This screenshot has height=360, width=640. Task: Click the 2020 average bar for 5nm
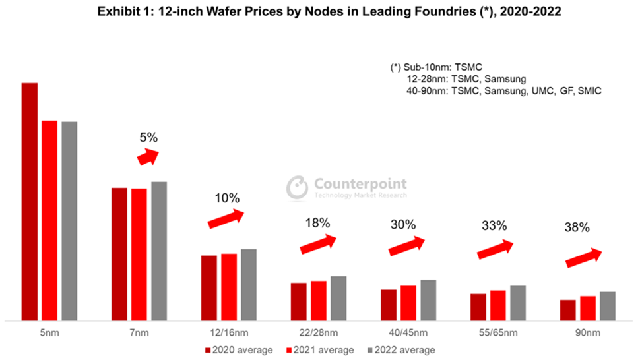click(x=30, y=201)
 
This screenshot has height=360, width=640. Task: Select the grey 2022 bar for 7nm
click(x=159, y=251)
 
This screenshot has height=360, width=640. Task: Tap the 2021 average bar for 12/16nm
click(x=229, y=287)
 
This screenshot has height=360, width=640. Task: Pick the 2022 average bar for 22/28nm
click(x=338, y=298)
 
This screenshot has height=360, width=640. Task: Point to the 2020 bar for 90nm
click(x=567, y=310)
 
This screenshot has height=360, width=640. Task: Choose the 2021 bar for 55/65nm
click(x=497, y=305)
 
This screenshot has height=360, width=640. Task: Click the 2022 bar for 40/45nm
click(x=428, y=300)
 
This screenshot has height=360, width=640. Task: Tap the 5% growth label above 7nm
click(x=148, y=138)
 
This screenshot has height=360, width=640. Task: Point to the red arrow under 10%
click(x=226, y=220)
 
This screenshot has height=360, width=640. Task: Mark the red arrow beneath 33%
click(x=495, y=249)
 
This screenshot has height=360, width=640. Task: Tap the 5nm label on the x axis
click(x=49, y=332)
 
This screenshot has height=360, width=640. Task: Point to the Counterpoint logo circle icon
click(x=298, y=187)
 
